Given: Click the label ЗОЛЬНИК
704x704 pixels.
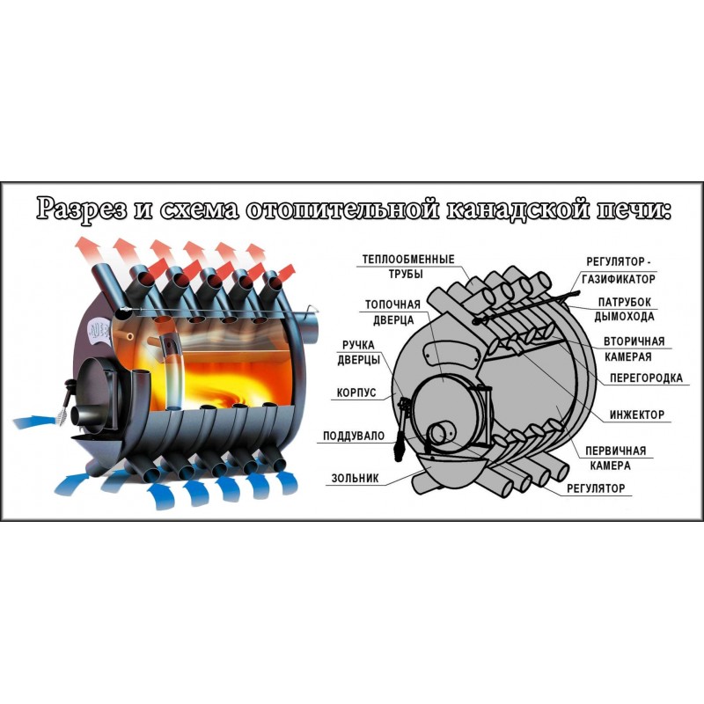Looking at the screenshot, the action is coord(355,478).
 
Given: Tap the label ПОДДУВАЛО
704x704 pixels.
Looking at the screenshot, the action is coord(354,436).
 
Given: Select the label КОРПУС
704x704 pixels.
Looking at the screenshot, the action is coord(356,392).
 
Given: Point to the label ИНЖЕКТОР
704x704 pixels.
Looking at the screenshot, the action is coord(636,414).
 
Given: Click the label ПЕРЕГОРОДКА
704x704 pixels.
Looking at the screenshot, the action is coord(646,378).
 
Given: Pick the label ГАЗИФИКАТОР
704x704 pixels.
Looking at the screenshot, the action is coord(619,279).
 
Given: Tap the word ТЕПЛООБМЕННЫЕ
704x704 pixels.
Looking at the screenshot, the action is coord(408,259).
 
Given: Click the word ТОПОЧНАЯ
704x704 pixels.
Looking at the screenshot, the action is coord(392,304).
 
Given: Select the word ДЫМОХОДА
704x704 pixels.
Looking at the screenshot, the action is coord(624,317).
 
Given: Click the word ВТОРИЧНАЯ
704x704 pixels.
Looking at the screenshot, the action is coord(634,341).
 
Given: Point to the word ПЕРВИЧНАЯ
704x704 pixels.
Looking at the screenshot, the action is coord(615,451).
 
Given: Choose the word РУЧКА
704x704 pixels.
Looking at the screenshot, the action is coord(358,345).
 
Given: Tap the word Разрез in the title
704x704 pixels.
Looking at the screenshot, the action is coord(81,209).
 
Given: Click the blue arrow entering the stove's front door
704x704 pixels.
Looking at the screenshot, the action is coord(36,422).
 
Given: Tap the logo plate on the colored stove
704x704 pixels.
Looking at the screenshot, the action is coord(98,333).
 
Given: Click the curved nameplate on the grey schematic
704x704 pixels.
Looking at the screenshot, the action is coord(451,355).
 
